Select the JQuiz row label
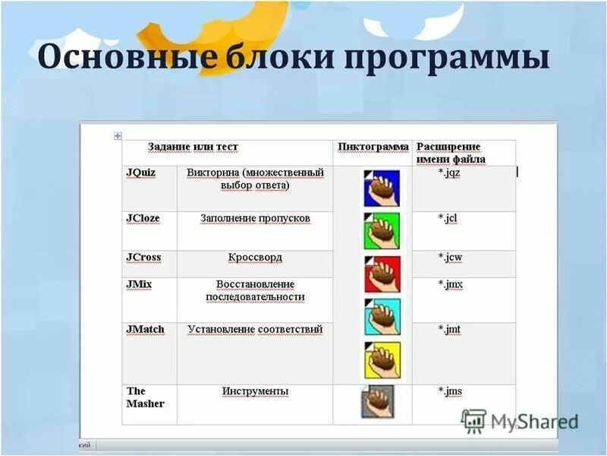coord(141,173)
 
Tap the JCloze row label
coord(143,218)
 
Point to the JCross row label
coord(143,257)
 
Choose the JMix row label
coord(139,284)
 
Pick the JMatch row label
coord(145,329)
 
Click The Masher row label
coord(145,397)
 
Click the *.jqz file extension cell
coord(449,173)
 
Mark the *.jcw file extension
coord(450,257)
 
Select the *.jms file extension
coord(450,391)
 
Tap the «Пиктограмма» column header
coord(373,147)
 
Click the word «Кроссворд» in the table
coord(255,258)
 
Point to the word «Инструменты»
coord(255,391)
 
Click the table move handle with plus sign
coord(118,135)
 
